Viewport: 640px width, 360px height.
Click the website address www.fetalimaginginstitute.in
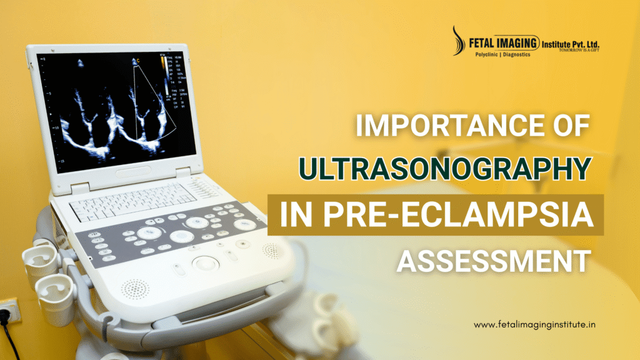click(535, 325)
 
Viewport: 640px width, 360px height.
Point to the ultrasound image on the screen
click(112, 116)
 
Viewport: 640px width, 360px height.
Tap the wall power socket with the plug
click(8, 311)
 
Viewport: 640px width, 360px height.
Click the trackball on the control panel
click(204, 262)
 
